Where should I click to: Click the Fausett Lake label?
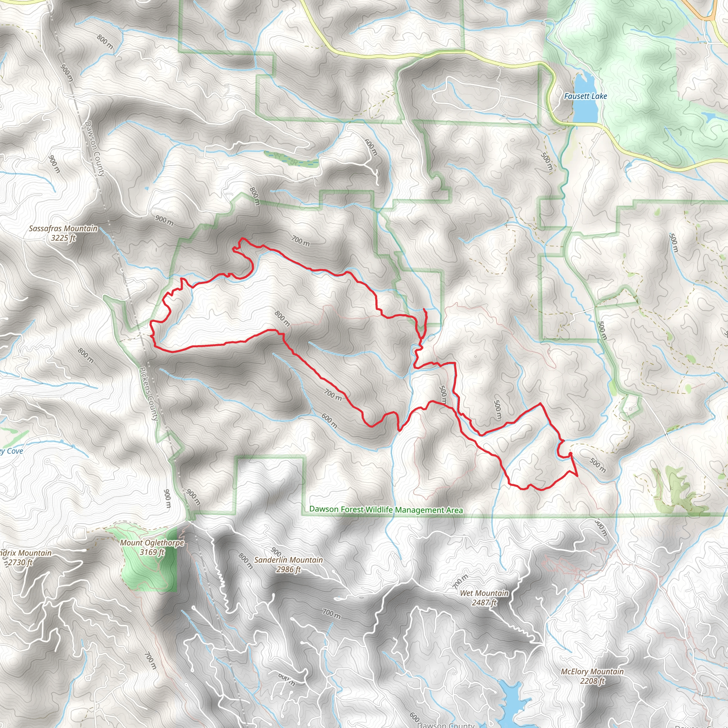tap(585, 96)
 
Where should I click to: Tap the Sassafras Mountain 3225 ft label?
tap(63, 233)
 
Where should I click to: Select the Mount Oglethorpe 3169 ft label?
tap(152, 547)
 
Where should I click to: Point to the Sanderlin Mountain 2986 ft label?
tap(288, 564)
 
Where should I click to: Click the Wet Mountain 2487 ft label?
tap(484, 598)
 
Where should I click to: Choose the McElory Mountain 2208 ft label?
tap(592, 676)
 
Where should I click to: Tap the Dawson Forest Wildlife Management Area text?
tap(386, 509)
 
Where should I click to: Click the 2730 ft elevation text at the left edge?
tap(21, 563)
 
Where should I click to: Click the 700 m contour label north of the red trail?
tap(300, 241)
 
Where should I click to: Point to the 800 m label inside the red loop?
tap(282, 318)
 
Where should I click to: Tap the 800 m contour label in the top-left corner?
tap(105, 42)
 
